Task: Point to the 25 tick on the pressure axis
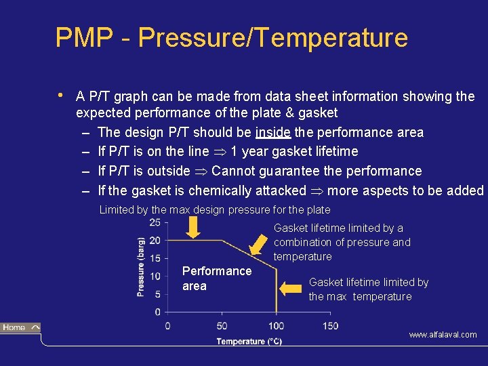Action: click(x=155, y=222)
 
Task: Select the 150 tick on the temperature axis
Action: click(x=329, y=326)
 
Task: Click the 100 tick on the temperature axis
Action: click(x=276, y=326)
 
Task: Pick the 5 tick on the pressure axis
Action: click(x=157, y=294)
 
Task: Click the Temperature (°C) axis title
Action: click(x=249, y=342)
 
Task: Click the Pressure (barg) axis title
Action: click(x=141, y=266)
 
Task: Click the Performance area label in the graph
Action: click(x=216, y=279)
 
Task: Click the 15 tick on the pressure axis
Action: click(x=155, y=258)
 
